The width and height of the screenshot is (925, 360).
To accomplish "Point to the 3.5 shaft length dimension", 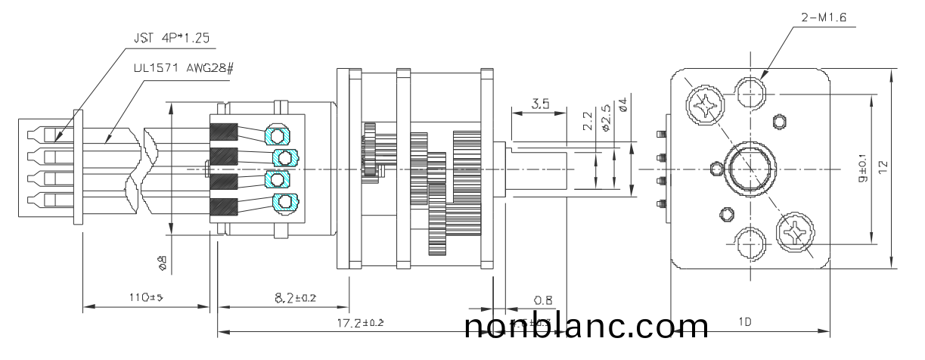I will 540,104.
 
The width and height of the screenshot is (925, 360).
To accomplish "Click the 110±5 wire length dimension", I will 145,297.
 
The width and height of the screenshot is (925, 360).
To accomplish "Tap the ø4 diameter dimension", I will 624,103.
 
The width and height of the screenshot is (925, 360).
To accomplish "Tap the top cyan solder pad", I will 278,135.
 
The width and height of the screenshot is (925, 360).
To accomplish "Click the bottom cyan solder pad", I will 285,202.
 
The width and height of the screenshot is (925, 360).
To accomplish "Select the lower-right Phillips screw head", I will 794,232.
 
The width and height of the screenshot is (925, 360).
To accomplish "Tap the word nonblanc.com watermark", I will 586,327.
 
